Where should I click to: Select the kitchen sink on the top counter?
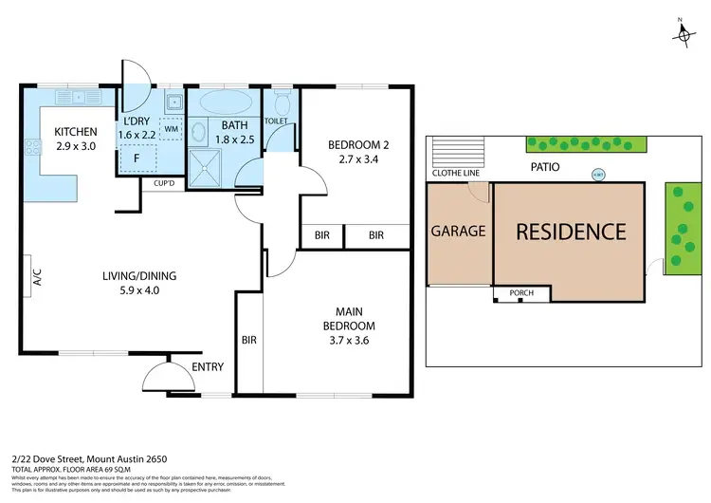click(x=73, y=97)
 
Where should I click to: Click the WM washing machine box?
click(x=172, y=128)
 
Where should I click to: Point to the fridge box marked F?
click(x=137, y=158)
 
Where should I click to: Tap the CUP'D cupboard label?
click(x=155, y=184)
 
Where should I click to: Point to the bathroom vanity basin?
click(x=200, y=133)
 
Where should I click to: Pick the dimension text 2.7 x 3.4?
click(x=354, y=161)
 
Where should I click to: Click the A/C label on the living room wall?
click(x=38, y=277)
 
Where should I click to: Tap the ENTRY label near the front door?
click(x=208, y=366)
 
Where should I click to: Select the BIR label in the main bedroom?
click(x=249, y=339)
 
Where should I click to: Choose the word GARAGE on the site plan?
click(x=459, y=231)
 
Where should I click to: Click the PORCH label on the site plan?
click(x=521, y=293)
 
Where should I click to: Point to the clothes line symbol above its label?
click(x=457, y=152)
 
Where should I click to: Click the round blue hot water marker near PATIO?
click(x=597, y=175)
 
